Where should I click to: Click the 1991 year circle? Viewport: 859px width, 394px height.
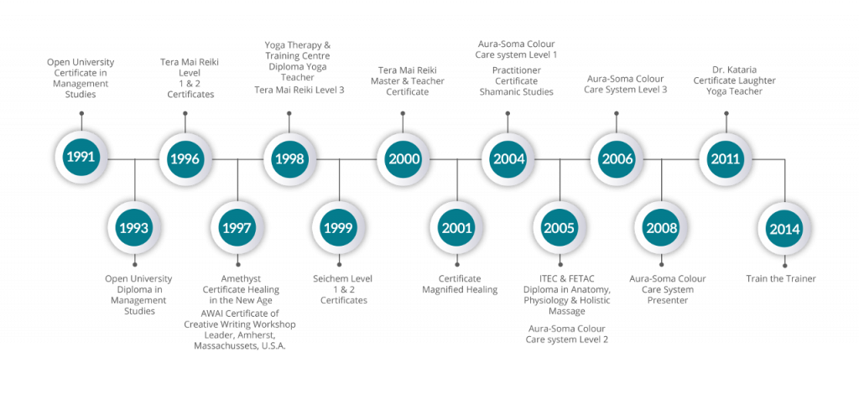click(81, 158)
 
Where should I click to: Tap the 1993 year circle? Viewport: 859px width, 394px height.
click(134, 228)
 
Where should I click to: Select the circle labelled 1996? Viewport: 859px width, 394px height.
click(186, 158)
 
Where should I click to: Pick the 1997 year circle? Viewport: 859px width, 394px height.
click(237, 228)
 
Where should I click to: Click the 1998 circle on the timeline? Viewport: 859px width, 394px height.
click(289, 158)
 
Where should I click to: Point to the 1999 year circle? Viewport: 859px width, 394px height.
click(339, 228)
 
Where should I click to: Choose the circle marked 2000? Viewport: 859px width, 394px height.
click(403, 158)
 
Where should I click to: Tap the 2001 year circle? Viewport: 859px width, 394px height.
click(456, 228)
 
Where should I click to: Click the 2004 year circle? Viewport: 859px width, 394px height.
click(508, 158)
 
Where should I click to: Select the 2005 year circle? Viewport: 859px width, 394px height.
click(560, 228)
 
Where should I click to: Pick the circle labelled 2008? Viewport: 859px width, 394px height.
click(661, 228)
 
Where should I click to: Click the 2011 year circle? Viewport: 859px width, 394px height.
click(726, 158)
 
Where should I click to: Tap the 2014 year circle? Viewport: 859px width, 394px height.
click(784, 228)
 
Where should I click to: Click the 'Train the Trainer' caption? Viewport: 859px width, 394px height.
click(781, 278)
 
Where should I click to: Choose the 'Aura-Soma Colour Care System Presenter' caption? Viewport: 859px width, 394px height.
click(667, 288)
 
